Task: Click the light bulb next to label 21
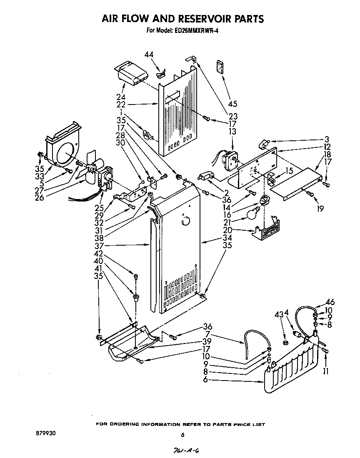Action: click(251, 214)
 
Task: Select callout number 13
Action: click(233, 132)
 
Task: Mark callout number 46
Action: click(330, 302)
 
